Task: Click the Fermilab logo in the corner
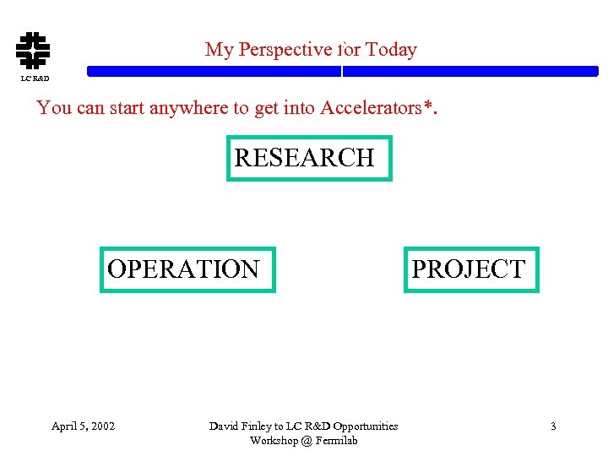coord(33,50)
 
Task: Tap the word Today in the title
coord(391,50)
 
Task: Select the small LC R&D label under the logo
coord(35,79)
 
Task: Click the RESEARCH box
coord(309,158)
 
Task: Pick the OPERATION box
coord(187,269)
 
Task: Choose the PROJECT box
coord(470,269)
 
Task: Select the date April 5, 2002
coord(83,426)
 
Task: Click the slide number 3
coord(553,426)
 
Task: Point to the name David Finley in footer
coord(240,426)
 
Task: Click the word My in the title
coord(219,50)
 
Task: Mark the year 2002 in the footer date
coord(101,426)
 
